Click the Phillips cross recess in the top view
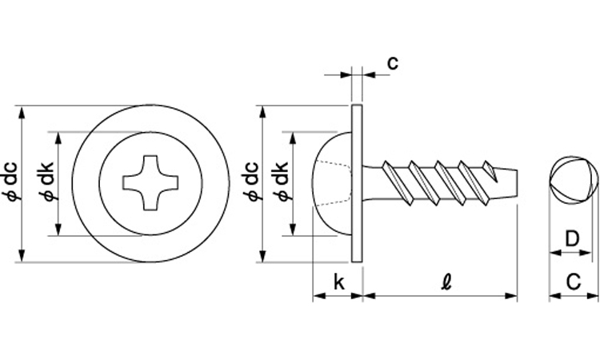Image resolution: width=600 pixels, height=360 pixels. pyautogui.click(x=150, y=182)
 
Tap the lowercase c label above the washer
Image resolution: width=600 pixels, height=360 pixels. pyautogui.click(x=393, y=62)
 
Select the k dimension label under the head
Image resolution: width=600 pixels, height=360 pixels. pyautogui.click(x=338, y=282)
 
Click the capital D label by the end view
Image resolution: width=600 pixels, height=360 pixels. pyautogui.click(x=572, y=239)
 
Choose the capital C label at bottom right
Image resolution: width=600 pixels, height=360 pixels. pyautogui.click(x=574, y=282)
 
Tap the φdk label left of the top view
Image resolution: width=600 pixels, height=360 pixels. pyautogui.click(x=47, y=182)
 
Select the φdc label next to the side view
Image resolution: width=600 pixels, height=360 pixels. pyautogui.click(x=252, y=182)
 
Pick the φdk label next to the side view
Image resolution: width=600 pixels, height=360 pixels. pyautogui.click(x=282, y=182)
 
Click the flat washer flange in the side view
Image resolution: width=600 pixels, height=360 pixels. pyautogui.click(x=357, y=183)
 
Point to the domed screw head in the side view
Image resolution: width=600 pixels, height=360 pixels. pyautogui.click(x=332, y=183)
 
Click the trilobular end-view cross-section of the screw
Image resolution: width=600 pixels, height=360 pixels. pyautogui.click(x=573, y=181)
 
